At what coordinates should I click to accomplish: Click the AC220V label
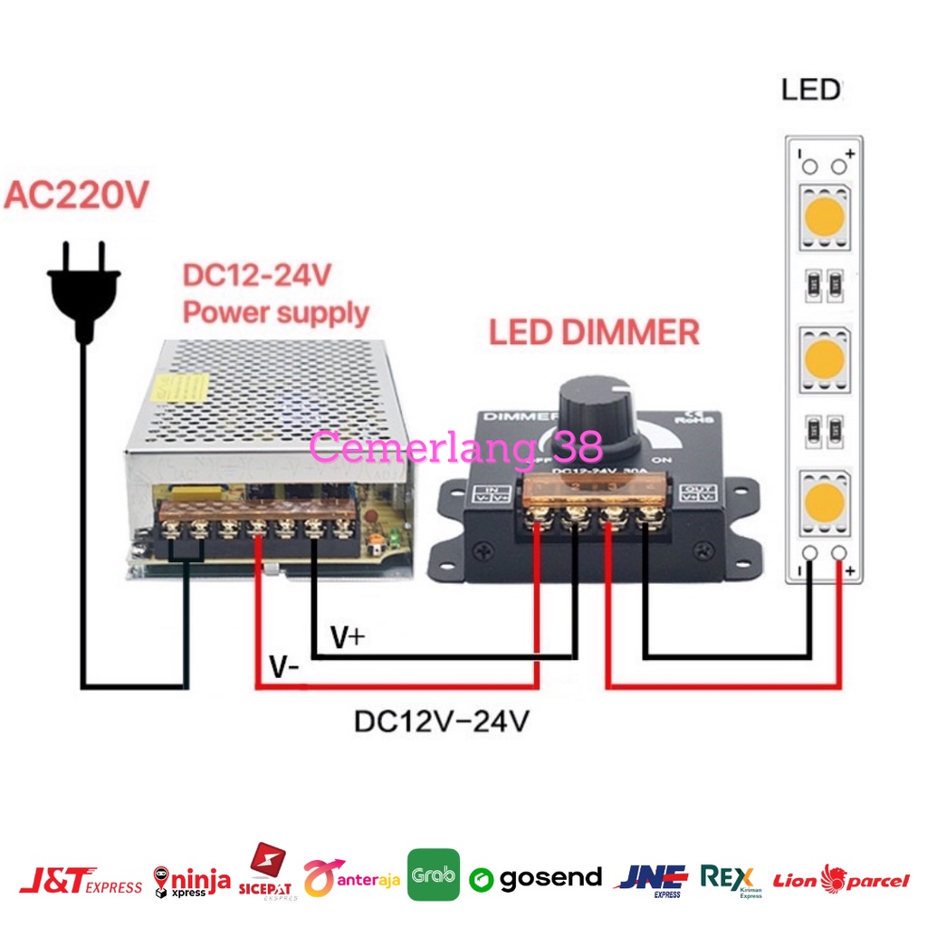click(76, 196)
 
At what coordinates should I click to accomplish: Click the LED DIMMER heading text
click(594, 332)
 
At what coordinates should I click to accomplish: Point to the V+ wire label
click(347, 638)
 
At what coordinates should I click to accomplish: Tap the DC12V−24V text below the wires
click(442, 722)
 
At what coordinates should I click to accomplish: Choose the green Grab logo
click(434, 875)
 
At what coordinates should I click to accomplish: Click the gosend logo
click(536, 877)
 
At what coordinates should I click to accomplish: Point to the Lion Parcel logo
click(841, 879)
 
